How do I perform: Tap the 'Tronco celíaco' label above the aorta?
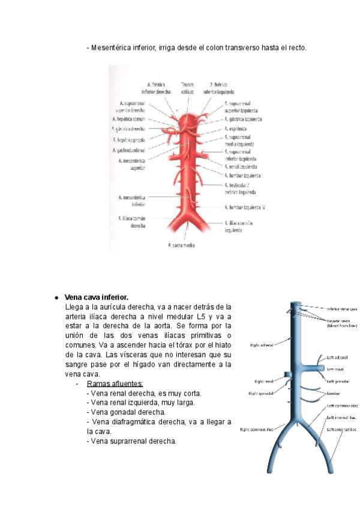(187, 88)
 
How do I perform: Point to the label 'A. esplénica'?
(236, 129)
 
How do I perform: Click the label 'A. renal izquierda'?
(240, 166)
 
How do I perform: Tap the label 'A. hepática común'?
(131, 119)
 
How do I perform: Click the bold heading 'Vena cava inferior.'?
(97, 297)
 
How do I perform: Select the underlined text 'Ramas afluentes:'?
(115, 384)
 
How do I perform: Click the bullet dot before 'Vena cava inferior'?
(56, 298)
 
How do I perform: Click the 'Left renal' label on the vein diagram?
(334, 369)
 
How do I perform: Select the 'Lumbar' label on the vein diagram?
(335, 393)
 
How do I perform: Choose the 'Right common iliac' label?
(253, 430)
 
